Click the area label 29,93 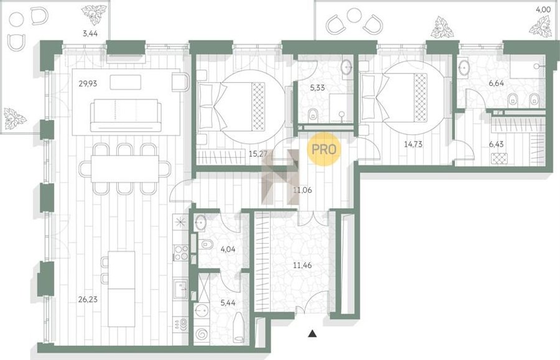coord(88,84)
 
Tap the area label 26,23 coord(88,299)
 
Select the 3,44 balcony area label coord(90,34)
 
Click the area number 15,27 coord(259,154)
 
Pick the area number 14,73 coord(413,144)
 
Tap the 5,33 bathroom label coord(317,88)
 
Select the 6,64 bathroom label coord(497,83)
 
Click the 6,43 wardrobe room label coord(497,144)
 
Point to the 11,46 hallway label coord(302,265)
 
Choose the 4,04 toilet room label coord(228,249)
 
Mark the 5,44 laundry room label coord(228,303)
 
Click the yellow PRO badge coord(324,149)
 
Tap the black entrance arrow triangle coord(312,334)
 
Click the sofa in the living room coord(125,115)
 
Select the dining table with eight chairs coord(124,168)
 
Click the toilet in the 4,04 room coord(207,245)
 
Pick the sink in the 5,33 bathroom coord(347,67)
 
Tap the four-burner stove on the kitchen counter coord(180,252)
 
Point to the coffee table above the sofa coord(125,83)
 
